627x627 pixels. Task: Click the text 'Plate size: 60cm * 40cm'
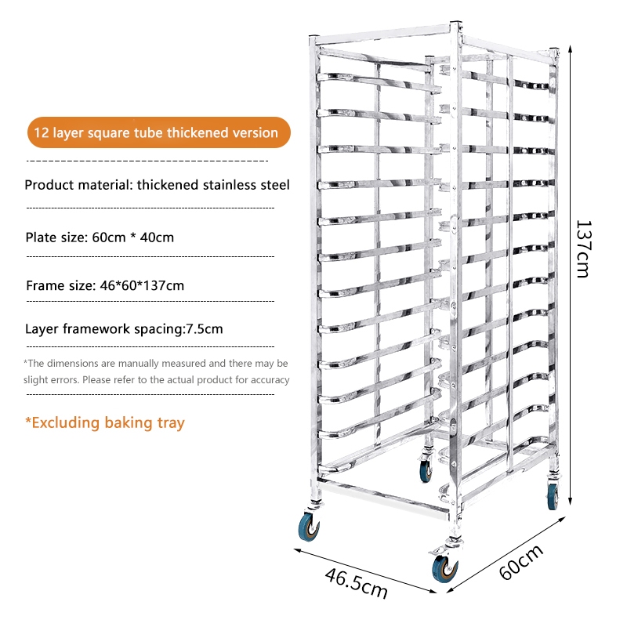(x=100, y=237)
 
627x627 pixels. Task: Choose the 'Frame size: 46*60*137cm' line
(x=105, y=285)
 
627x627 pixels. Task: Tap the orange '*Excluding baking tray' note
(x=105, y=423)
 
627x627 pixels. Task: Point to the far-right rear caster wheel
(x=553, y=495)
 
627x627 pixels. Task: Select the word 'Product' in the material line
(x=49, y=186)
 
